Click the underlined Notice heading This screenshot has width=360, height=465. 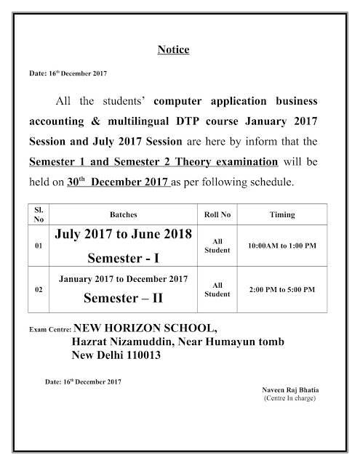173,50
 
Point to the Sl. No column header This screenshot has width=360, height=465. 39,216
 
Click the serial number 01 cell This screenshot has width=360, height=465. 39,246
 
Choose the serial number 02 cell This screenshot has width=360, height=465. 39,289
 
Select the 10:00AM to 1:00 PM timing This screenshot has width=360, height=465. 281,246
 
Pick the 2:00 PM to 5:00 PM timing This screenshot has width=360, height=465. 281,289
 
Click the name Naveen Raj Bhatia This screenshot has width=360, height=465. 289,390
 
